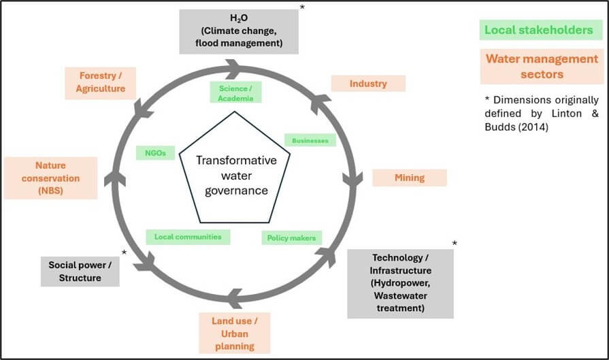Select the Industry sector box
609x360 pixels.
(368, 84)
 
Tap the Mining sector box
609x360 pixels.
(410, 178)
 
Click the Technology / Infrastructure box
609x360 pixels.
(399, 283)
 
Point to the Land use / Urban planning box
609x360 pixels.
(235, 332)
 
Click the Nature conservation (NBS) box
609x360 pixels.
(50, 178)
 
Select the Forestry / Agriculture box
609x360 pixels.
(101, 82)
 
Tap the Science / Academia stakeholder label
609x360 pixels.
(235, 93)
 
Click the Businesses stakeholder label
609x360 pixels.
(310, 141)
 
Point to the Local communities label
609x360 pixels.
(188, 237)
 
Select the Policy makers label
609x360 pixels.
(291, 238)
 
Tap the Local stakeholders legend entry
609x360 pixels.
(538, 30)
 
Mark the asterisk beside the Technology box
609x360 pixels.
(455, 244)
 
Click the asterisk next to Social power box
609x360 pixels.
(124, 252)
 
